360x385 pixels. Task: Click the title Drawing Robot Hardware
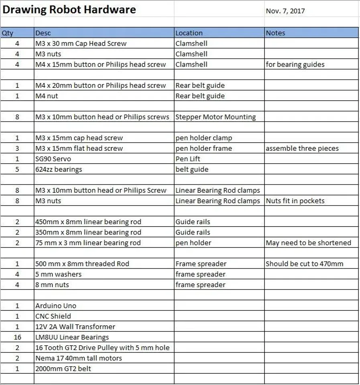69,10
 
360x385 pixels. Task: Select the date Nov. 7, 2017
285,11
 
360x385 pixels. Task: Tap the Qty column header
8,33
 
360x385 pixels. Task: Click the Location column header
189,33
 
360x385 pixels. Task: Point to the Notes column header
275,33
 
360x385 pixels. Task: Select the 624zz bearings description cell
59,169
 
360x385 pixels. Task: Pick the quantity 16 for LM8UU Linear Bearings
17,337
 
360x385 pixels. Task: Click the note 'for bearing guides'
295,65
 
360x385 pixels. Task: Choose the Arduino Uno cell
56,306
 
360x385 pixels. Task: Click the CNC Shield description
53,316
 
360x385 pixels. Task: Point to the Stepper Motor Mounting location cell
216,117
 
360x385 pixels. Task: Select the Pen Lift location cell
188,159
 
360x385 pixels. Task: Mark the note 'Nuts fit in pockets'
295,201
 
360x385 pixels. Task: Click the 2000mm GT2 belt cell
63,369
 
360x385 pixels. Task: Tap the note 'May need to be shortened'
308,243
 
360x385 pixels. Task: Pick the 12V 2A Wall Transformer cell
75,327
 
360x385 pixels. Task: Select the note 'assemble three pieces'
302,148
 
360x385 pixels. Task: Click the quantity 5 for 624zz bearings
17,169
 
